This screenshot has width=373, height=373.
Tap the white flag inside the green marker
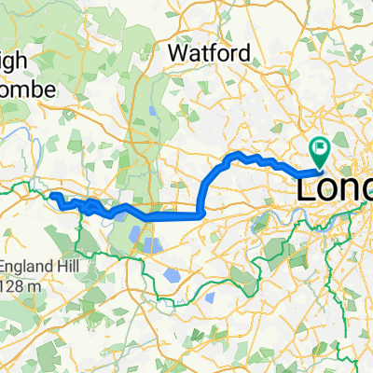coord(321,146)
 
